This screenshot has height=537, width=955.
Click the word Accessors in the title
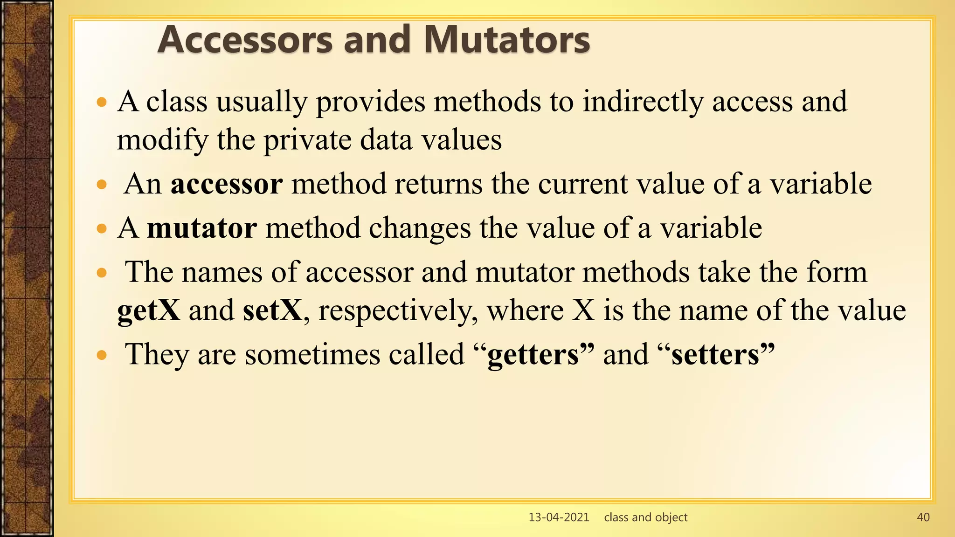(x=245, y=40)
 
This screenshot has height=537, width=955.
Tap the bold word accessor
(x=227, y=184)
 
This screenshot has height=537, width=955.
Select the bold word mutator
(x=201, y=228)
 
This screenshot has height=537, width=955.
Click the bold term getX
(x=148, y=310)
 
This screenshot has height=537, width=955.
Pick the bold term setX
(x=273, y=310)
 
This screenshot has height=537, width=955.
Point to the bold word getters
(x=533, y=355)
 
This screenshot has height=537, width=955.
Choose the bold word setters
(x=716, y=355)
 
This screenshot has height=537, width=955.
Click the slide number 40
(x=923, y=517)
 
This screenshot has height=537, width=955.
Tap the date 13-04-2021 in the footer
(x=559, y=517)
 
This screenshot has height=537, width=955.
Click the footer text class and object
(x=645, y=517)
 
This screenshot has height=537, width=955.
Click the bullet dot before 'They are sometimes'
(x=102, y=356)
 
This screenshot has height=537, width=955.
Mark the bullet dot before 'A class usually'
(x=102, y=102)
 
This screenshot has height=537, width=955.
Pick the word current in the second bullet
(x=582, y=184)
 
